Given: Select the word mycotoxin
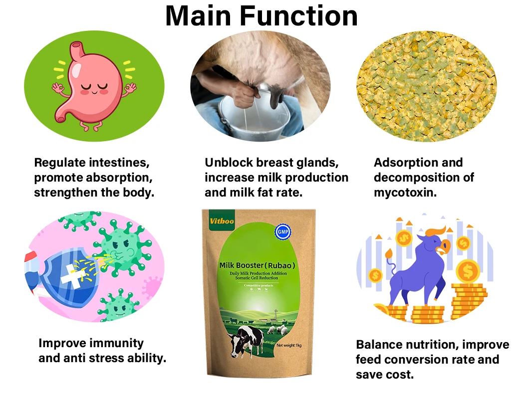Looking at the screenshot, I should click(x=405, y=193).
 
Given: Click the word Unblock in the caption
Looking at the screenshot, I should click(x=229, y=163).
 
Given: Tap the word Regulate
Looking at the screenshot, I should click(x=59, y=163).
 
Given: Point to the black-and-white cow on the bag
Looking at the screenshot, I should click(x=248, y=340).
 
